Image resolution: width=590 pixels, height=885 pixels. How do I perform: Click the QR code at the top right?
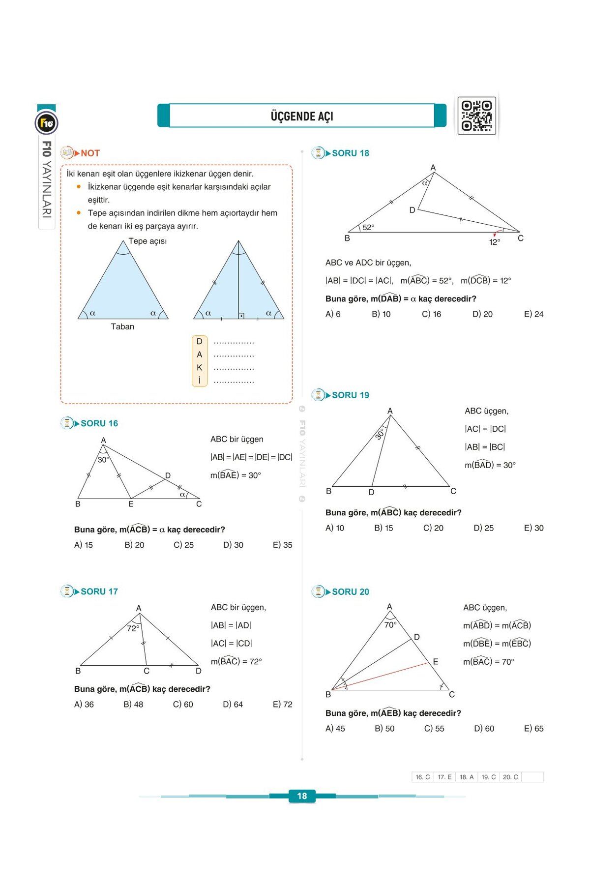476,116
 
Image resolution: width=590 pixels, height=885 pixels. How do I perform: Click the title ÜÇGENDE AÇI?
302,117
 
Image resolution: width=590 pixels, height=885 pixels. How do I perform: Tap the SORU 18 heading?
350,153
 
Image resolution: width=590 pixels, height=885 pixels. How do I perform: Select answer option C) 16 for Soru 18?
431,314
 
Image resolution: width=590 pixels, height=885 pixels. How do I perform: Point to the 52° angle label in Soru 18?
368,227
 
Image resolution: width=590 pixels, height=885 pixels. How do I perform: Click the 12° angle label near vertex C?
495,242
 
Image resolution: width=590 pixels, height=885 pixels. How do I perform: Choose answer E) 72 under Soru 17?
282,705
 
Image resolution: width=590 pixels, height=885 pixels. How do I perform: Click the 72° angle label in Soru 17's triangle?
133,628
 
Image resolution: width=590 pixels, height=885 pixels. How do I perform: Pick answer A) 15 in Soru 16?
84,545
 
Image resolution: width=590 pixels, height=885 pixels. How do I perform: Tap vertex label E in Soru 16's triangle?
131,504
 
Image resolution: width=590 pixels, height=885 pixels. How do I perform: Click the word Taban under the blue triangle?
122,326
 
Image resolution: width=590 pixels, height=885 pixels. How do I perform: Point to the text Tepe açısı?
147,241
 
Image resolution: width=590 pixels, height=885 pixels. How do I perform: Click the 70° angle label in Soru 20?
390,625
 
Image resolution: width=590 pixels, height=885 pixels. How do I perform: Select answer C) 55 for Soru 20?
434,729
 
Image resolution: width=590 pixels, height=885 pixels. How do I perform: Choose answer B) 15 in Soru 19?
383,528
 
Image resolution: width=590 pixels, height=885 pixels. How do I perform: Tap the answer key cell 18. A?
467,777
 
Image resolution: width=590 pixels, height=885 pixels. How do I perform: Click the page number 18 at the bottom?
302,796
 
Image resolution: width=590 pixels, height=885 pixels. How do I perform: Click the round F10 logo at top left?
47,123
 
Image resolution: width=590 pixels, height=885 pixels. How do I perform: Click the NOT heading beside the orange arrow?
90,153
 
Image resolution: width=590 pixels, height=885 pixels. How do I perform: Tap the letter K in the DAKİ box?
199,368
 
